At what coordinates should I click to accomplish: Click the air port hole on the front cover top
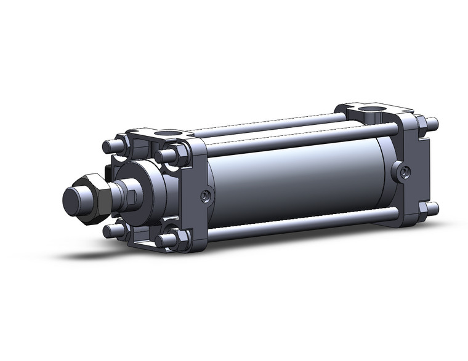coord(169,133)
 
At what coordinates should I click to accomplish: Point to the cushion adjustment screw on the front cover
coord(205,196)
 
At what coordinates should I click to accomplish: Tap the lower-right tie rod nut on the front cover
coord(167,240)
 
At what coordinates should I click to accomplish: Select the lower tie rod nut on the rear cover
coord(430,208)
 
